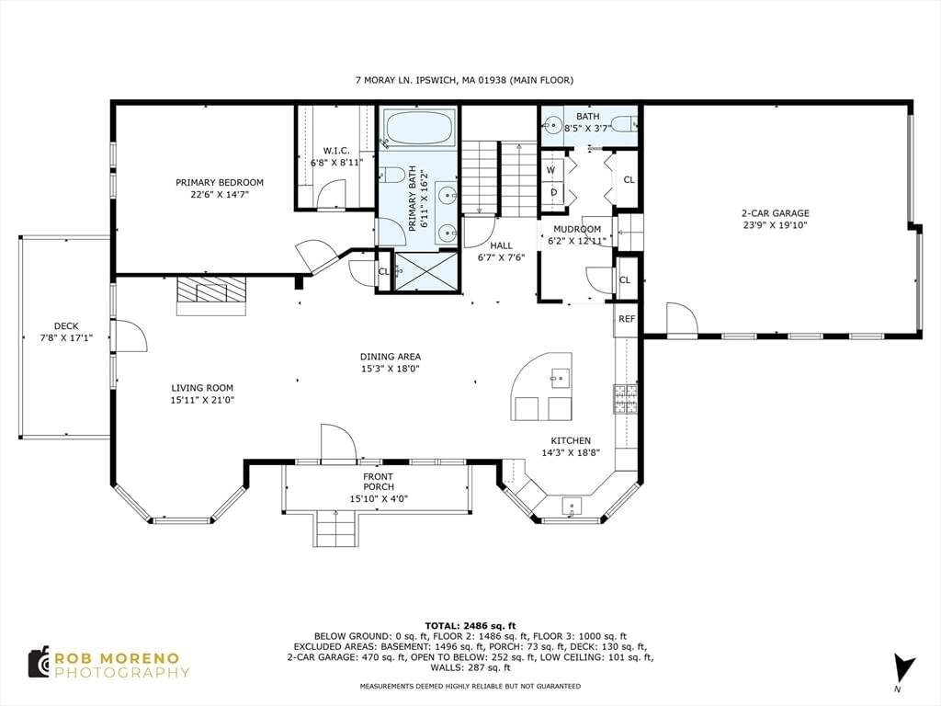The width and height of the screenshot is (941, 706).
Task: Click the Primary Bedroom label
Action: (x=219, y=183)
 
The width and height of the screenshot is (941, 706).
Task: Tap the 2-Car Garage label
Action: (x=776, y=213)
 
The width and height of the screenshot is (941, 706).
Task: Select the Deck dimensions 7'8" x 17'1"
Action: (x=66, y=338)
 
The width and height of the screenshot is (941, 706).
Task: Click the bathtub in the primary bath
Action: (x=420, y=127)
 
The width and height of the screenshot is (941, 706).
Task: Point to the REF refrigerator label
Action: (x=627, y=319)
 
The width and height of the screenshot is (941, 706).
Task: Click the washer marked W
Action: (x=551, y=170)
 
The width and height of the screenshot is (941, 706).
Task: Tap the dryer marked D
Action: (x=553, y=192)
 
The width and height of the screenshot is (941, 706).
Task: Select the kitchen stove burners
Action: (x=624, y=399)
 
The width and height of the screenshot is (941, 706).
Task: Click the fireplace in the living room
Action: (x=211, y=295)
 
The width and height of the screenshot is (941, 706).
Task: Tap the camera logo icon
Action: (x=39, y=663)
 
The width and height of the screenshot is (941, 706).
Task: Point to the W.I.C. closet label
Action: (x=336, y=151)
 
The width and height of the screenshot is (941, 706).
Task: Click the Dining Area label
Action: (x=390, y=357)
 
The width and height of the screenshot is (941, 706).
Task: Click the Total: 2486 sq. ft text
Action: (x=470, y=625)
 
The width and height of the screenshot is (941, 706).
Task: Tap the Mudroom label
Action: (x=577, y=229)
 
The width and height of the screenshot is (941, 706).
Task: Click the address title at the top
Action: (x=464, y=80)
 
